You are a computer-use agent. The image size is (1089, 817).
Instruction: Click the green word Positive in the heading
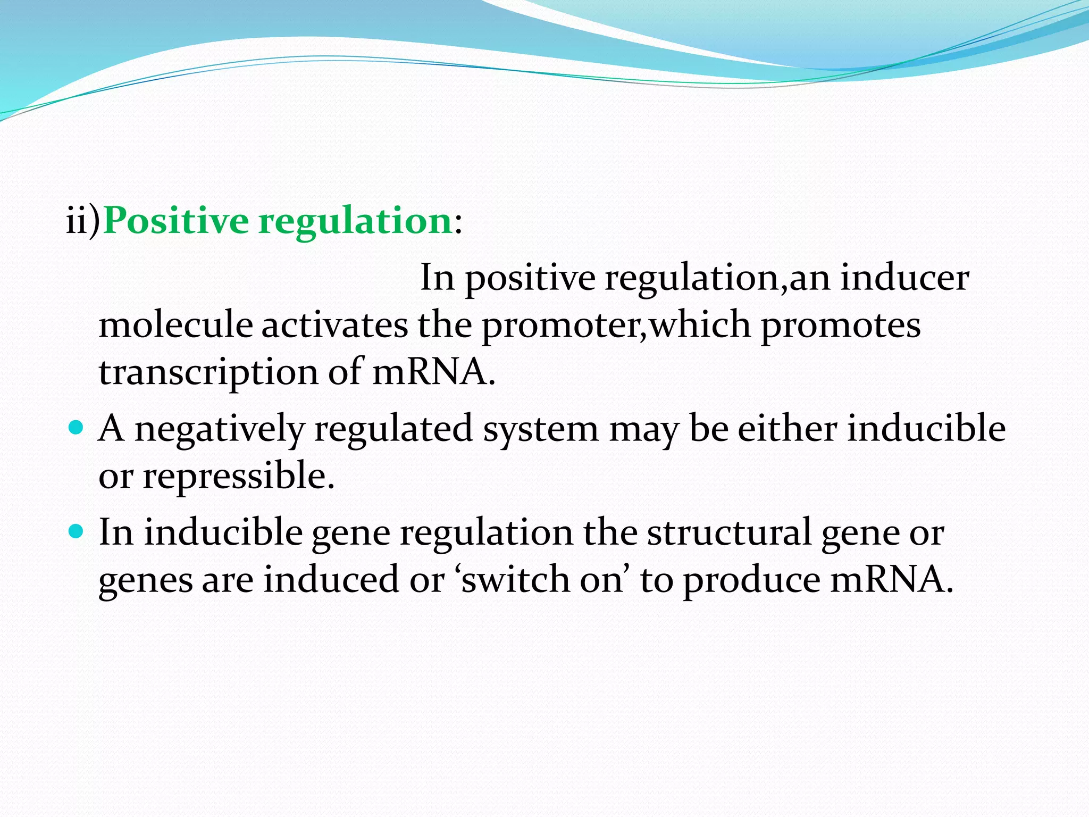point(175,221)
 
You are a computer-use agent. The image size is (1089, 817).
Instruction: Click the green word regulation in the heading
point(355,221)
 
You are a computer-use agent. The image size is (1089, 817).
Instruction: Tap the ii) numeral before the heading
point(83,221)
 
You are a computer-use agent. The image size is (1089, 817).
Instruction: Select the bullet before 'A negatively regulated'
point(77,427)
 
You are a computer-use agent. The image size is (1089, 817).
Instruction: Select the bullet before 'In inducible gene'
point(77,531)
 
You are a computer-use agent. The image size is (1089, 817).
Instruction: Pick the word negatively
point(220,429)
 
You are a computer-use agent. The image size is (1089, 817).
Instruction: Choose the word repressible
point(238,475)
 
